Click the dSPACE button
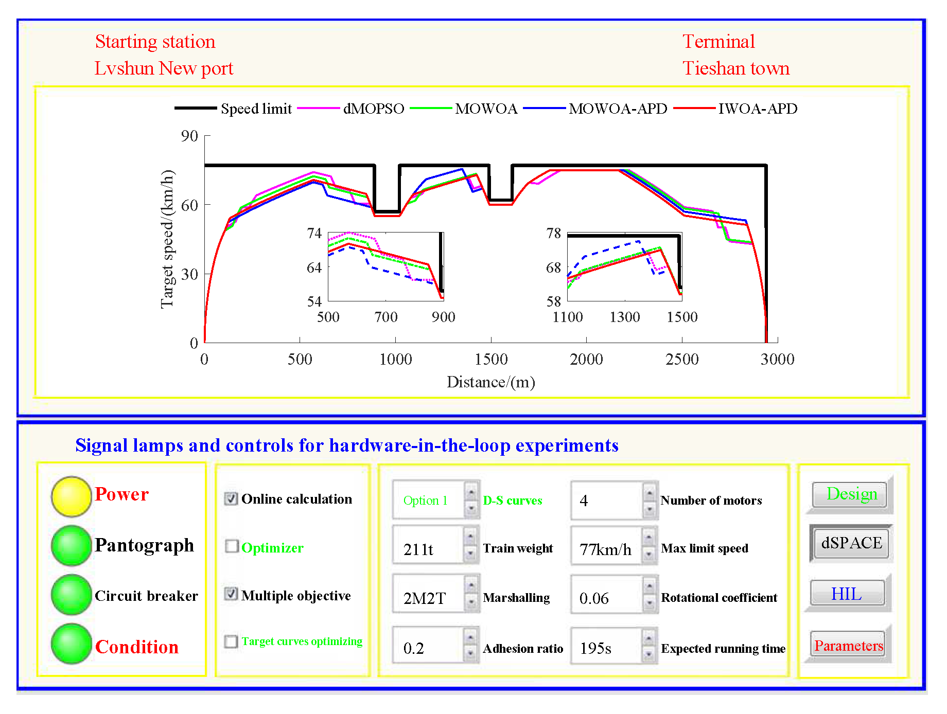(x=851, y=543)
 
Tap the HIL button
(x=847, y=594)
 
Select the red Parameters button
(x=848, y=645)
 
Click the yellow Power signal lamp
(x=72, y=496)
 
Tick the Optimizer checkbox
(x=232, y=546)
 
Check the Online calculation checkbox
(x=232, y=498)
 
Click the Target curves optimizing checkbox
(x=231, y=641)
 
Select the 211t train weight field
(x=428, y=549)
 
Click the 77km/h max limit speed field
(x=606, y=549)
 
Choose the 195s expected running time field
(x=606, y=648)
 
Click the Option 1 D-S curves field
(x=428, y=500)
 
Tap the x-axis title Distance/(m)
(x=490, y=382)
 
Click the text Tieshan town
(x=735, y=68)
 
